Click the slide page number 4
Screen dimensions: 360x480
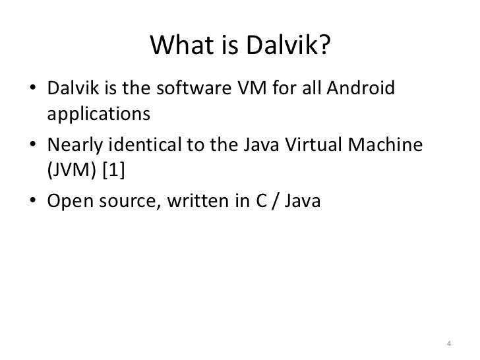(448, 342)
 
